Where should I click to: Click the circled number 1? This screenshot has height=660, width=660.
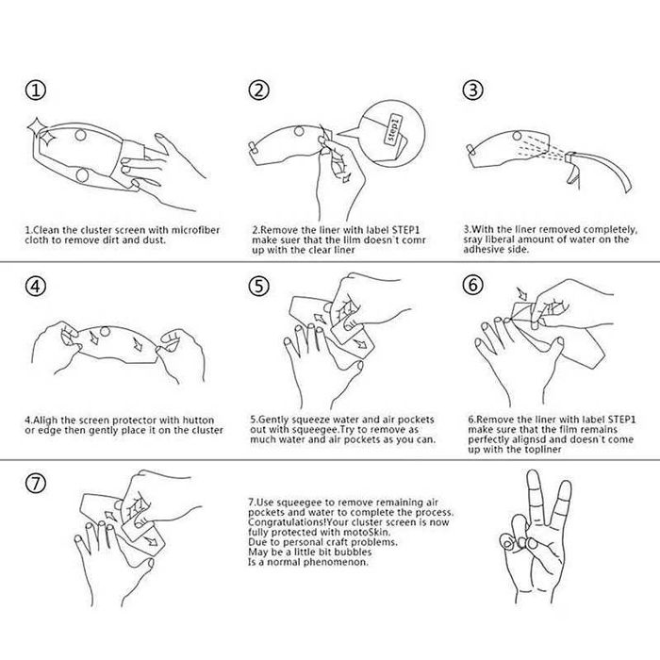(36, 91)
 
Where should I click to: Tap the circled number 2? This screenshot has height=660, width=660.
(258, 91)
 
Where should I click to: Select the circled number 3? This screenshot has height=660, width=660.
(472, 91)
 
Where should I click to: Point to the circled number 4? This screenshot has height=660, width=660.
(36, 287)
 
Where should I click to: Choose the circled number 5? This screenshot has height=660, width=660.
(258, 287)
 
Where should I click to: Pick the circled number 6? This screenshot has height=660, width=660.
(472, 285)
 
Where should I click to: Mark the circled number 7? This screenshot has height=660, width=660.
(36, 483)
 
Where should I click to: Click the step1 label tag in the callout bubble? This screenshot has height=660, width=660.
(393, 130)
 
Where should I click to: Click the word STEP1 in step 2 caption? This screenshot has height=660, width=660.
(406, 230)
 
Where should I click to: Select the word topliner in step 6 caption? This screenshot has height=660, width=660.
(543, 450)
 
